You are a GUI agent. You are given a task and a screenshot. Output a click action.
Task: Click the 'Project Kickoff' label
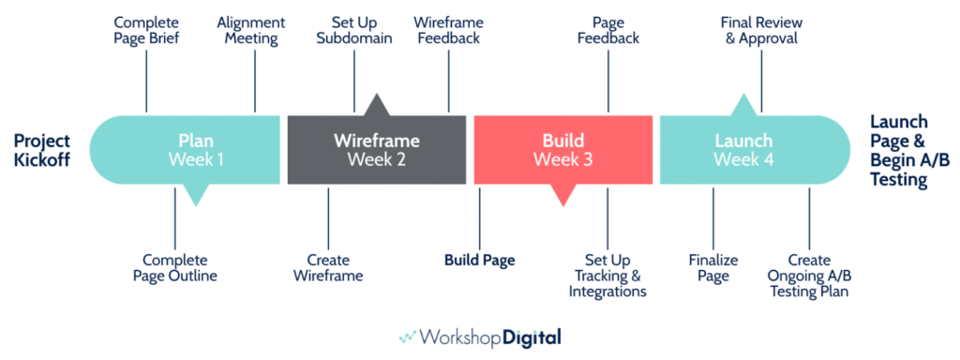[x=42, y=150]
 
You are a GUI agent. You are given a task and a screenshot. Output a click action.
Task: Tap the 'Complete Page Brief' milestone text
[x=147, y=29]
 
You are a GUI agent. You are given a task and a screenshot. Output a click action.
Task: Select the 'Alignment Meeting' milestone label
[x=247, y=29]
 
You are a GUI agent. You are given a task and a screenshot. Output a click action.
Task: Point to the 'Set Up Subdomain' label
[x=354, y=29]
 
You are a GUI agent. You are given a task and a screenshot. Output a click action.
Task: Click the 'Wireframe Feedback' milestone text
[x=447, y=29]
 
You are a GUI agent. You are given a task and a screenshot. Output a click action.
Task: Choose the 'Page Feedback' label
[x=608, y=29]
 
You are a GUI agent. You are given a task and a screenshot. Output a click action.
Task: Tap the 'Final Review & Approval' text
[x=760, y=29]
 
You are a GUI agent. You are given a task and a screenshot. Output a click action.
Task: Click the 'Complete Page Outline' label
[x=180, y=267]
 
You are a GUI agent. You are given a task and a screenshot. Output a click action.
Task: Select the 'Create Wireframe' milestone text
[x=328, y=267]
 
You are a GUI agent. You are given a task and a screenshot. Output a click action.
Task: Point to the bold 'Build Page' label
[x=479, y=260]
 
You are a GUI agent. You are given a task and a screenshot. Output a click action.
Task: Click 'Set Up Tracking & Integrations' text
[x=607, y=275]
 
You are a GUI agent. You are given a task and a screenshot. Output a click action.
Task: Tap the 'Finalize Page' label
[x=713, y=267]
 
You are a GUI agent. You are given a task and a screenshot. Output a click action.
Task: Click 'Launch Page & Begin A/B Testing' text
[x=898, y=151]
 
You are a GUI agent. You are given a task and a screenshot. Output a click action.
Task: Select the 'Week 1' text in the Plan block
[x=196, y=159]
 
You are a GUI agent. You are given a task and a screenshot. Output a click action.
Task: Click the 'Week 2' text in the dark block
[x=377, y=159]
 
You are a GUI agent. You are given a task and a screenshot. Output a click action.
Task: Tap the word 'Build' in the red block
[x=562, y=141]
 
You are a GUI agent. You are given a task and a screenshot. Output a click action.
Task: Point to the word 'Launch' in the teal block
[x=743, y=141]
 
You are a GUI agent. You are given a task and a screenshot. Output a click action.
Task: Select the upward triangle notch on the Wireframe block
[x=377, y=104]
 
